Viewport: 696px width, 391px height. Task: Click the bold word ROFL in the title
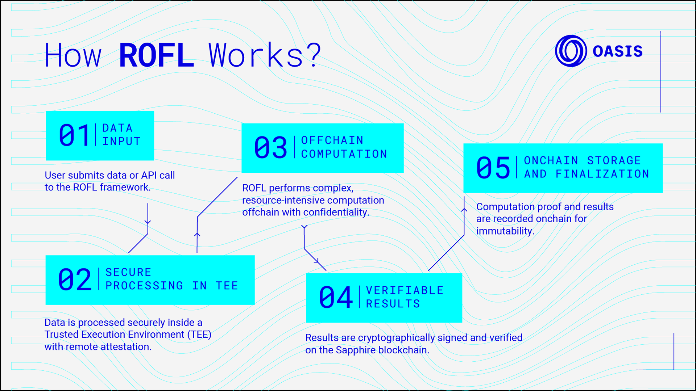pos(156,55)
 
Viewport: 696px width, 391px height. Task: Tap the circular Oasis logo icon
pos(571,51)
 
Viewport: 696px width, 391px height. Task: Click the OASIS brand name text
pos(617,51)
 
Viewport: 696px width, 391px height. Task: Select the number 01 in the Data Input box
pos(74,135)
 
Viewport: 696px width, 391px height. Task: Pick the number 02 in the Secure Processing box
pos(75,279)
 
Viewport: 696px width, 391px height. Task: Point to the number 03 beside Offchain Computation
pos(270,148)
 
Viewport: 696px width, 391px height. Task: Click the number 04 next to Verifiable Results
pos(336,298)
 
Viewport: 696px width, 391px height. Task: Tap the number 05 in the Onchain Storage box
pos(493,168)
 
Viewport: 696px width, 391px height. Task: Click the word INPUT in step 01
pos(121,142)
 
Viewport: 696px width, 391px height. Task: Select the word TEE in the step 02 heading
pos(227,286)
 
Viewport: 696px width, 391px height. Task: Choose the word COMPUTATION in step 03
pos(344,154)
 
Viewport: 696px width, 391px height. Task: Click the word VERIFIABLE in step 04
pos(405,290)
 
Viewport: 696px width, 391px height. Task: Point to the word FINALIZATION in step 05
pos(602,174)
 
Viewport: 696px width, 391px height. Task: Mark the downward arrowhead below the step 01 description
pos(148,222)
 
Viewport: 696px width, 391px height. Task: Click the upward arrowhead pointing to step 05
pos(464,209)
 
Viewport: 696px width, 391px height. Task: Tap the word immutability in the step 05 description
pos(505,231)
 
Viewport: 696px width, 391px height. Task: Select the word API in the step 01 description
pos(149,175)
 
